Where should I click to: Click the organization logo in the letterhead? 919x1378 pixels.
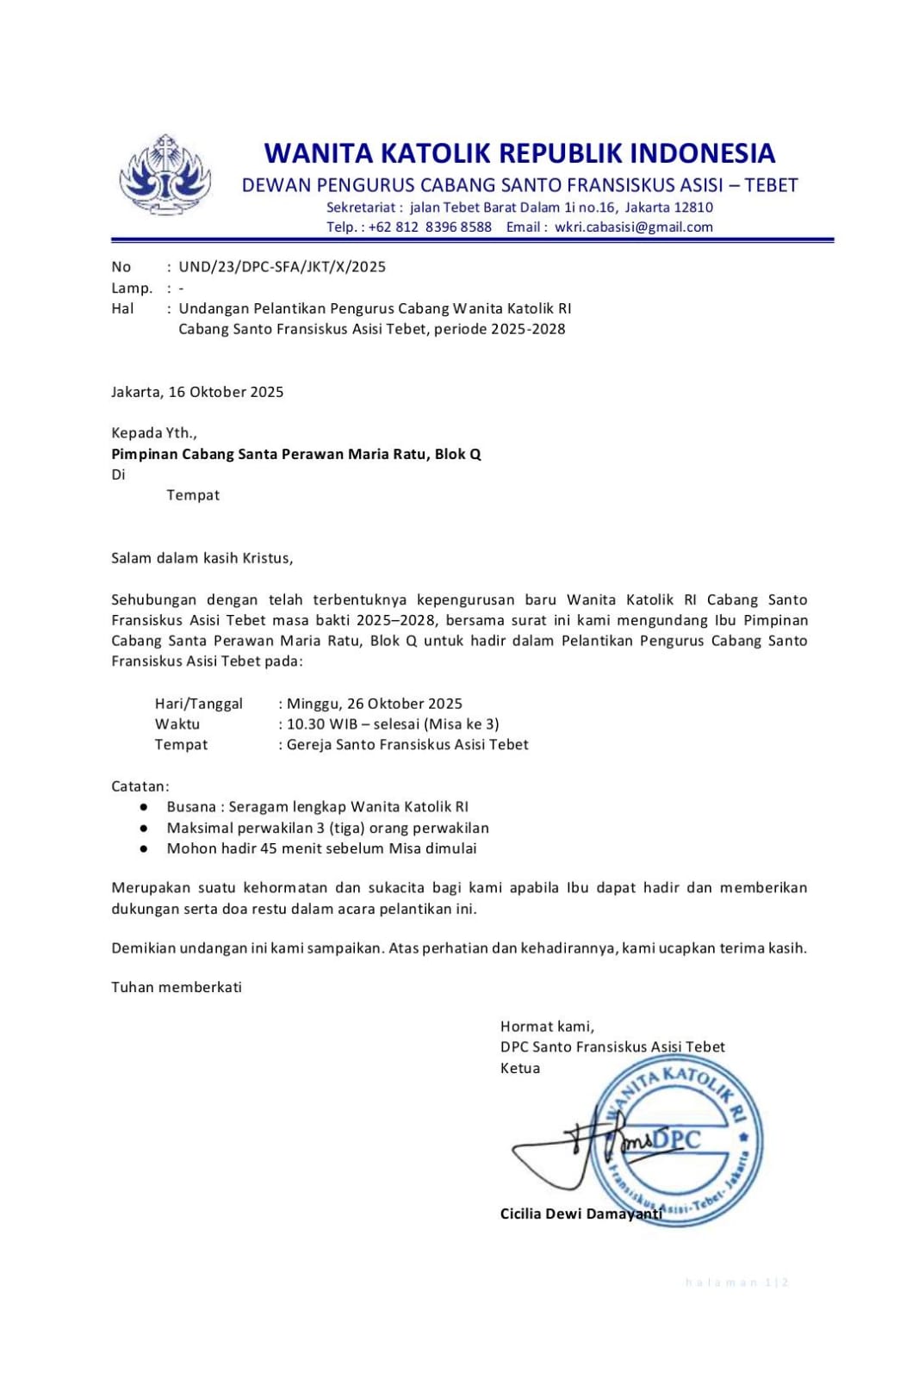coord(165,175)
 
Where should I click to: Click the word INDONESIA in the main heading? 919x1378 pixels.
coord(702,153)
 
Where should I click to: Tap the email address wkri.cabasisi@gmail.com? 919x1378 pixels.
coord(633,227)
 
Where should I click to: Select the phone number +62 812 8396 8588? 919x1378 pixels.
coord(430,227)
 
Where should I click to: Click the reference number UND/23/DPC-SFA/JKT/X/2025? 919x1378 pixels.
coord(282,267)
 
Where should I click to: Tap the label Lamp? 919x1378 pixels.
coord(131,288)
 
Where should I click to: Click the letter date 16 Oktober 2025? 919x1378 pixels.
coord(226,392)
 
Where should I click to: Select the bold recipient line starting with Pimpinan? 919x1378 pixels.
coord(295,454)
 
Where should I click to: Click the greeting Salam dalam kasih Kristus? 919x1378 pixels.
coord(202,558)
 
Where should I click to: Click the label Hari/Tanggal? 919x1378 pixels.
coord(198,704)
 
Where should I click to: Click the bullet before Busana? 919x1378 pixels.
coord(143,807)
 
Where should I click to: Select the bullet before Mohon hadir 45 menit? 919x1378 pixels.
coord(143,848)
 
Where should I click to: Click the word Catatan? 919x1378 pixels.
coord(140,786)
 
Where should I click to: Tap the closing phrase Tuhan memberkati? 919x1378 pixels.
coord(177,987)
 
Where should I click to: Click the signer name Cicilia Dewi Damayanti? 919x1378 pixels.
coord(581,1214)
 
